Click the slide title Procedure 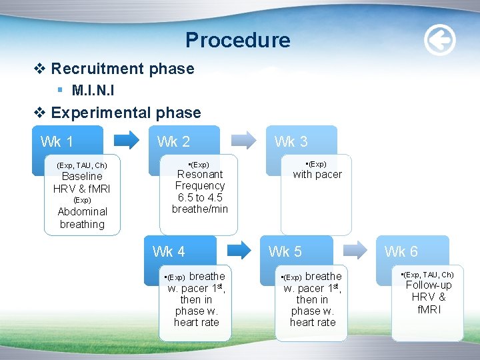point(238,41)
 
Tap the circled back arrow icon point(440,41)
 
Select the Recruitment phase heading point(122,69)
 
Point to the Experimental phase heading point(125,113)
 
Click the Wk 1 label point(57,141)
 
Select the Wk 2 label point(173,141)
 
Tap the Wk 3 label point(291,141)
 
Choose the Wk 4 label point(169,251)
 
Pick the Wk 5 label point(285,251)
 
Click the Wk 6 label point(401,251)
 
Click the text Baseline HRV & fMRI point(82,183)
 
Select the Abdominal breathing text point(82,218)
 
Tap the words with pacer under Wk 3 point(317,175)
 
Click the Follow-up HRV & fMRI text point(429,297)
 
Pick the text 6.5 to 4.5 point(200,197)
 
